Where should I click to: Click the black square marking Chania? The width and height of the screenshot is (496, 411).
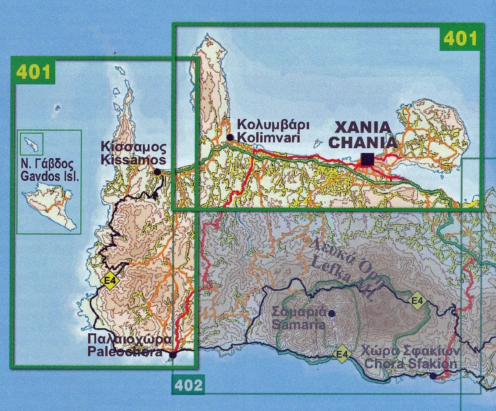[367, 159]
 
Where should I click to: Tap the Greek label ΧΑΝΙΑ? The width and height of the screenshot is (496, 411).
[363, 128]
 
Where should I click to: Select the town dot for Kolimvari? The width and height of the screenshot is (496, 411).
[230, 137]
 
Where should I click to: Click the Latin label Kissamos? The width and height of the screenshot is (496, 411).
[133, 160]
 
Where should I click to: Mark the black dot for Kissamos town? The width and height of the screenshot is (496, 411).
[157, 172]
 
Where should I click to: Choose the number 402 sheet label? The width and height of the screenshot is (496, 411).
[188, 385]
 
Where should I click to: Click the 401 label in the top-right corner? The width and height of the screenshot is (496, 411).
[460, 39]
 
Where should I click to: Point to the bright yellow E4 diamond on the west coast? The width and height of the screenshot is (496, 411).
[109, 280]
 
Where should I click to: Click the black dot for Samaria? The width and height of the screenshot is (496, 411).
[332, 313]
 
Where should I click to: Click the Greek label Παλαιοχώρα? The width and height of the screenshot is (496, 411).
[129, 340]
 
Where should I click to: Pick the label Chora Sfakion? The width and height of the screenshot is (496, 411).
[411, 364]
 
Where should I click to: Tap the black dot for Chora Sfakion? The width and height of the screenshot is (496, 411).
[433, 376]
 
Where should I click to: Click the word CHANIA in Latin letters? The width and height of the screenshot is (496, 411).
[363, 143]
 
